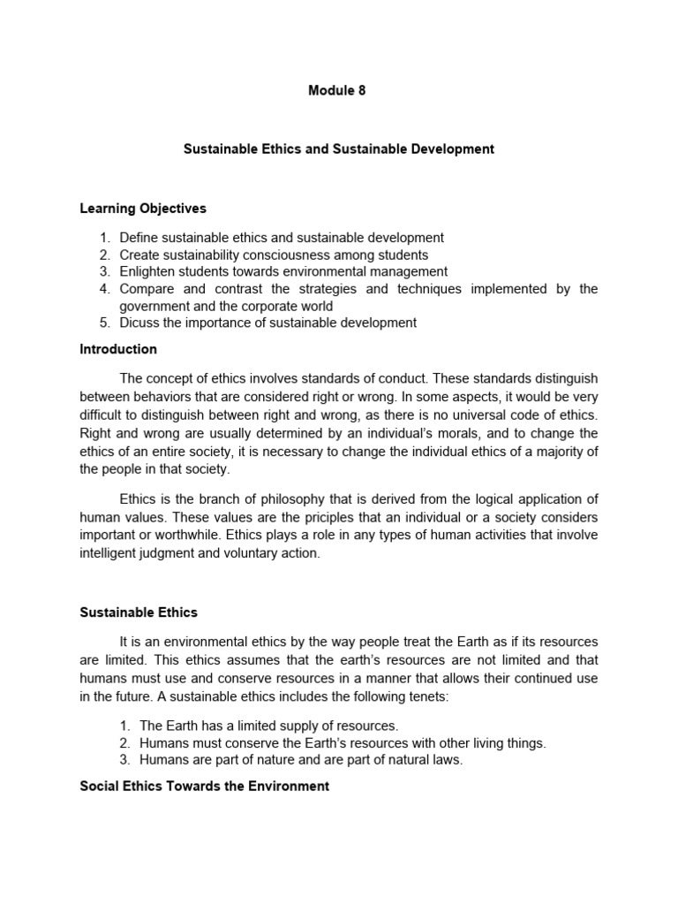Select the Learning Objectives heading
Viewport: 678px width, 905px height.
(x=142, y=209)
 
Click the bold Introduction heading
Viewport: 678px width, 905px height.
(x=118, y=349)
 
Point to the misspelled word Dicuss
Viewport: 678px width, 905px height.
(x=139, y=323)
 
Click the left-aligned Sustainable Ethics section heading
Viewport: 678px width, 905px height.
(x=139, y=612)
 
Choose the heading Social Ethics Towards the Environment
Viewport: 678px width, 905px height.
(x=204, y=786)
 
